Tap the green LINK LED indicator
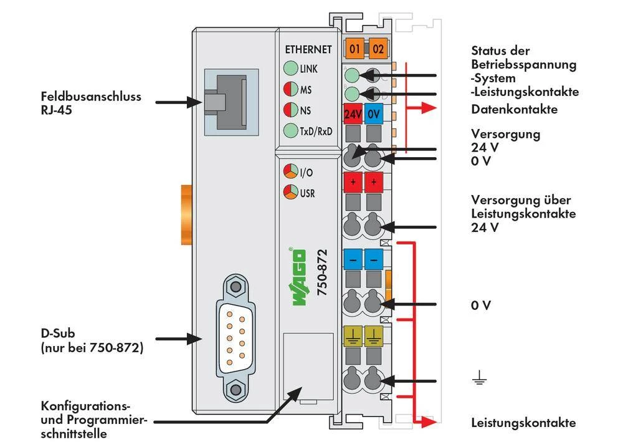(290, 69)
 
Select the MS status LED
(290, 90)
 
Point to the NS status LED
(290, 110)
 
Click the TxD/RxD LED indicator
(290, 131)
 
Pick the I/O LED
(290, 172)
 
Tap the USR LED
(290, 192)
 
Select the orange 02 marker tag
(378, 49)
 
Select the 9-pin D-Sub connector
(235, 339)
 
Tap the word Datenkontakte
(514, 110)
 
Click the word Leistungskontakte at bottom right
(523, 423)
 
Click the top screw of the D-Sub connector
(235, 287)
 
